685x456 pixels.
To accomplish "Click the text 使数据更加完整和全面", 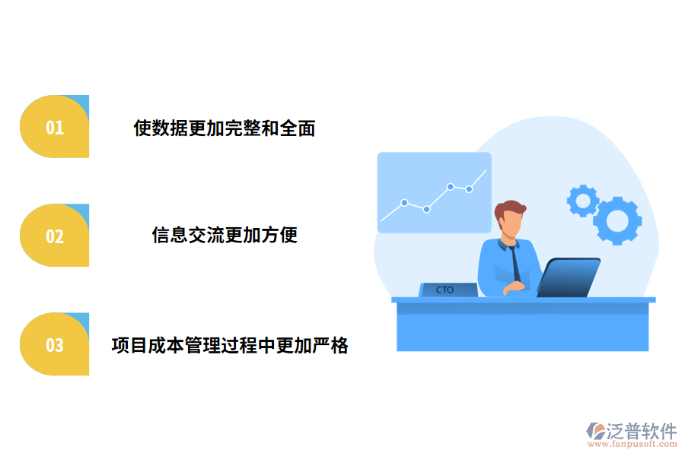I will click(x=225, y=128).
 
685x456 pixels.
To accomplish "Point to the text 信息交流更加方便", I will click(x=225, y=235).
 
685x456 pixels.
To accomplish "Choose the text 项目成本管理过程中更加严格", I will click(x=230, y=345).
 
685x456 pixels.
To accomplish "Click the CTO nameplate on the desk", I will click(x=448, y=290).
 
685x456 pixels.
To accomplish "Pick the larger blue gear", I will click(x=617, y=220).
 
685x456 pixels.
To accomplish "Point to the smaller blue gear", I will click(x=583, y=200).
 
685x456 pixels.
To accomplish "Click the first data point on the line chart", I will click(x=404, y=203).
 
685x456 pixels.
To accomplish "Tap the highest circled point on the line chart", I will click(x=451, y=186).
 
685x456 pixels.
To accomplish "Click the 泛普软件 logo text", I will click(x=642, y=432).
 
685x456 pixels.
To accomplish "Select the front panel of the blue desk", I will click(x=522, y=327).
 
